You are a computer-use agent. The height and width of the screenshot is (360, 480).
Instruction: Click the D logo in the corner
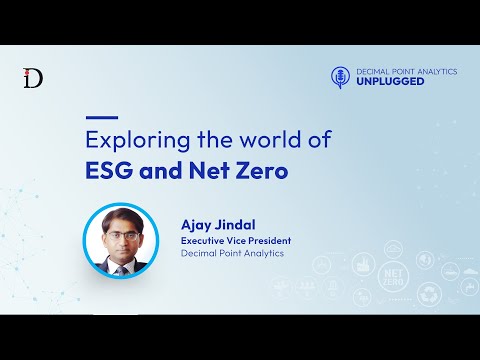point(33,80)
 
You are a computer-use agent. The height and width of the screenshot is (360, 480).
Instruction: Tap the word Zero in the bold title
point(263,170)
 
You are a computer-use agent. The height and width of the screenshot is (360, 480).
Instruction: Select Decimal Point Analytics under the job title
point(232,254)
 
